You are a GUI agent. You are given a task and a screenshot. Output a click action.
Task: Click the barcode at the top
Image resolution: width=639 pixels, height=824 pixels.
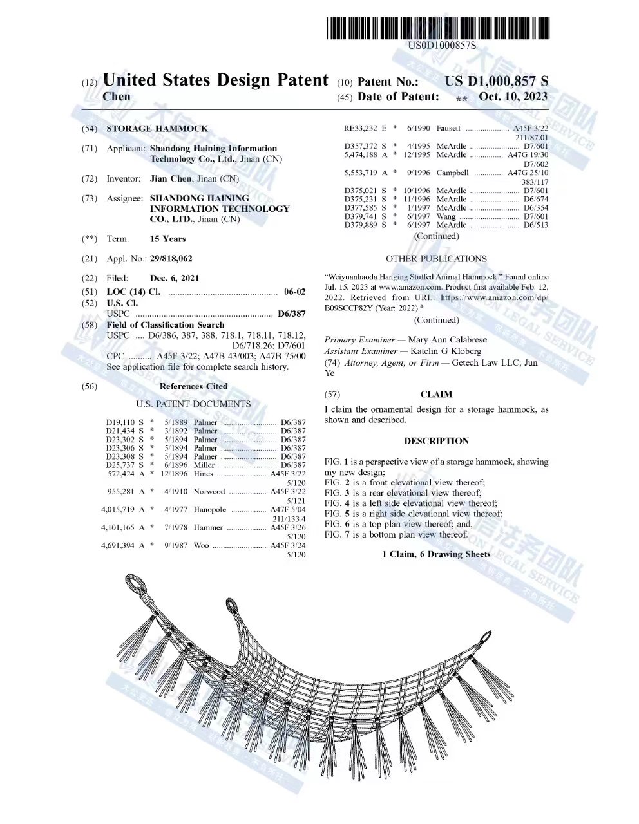coord(438,29)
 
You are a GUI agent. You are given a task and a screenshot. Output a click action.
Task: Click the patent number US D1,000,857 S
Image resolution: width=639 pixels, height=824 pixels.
coord(496,82)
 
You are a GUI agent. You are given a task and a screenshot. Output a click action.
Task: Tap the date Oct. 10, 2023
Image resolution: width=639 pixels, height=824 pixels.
coord(513,97)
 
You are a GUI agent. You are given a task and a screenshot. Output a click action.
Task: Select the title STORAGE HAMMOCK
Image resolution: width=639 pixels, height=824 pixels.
coord(157,129)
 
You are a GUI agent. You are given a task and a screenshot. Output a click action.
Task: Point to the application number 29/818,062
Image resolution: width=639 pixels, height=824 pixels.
coord(171,259)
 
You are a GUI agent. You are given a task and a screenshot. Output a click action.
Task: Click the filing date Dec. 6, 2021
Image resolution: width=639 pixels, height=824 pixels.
coord(174,279)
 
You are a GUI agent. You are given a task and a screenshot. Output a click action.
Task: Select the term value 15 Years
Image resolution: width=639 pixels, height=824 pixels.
coord(167,239)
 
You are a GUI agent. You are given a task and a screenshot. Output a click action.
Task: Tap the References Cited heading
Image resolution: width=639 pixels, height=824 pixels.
coord(193,387)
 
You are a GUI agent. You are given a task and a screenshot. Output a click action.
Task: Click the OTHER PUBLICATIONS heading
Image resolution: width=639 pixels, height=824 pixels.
coord(436,259)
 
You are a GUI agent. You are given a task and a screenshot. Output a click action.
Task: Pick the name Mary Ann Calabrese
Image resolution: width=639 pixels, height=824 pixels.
coord(447,340)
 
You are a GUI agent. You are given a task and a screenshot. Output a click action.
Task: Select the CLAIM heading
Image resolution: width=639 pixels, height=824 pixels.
coord(436,395)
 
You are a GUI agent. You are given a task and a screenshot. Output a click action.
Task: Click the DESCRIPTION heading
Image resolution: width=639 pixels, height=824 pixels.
coord(436,442)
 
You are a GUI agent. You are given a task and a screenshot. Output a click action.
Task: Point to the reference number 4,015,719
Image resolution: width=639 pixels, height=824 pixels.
coord(118,510)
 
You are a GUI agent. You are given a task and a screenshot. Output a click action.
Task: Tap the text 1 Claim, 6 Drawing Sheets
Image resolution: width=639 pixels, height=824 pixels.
coord(436,554)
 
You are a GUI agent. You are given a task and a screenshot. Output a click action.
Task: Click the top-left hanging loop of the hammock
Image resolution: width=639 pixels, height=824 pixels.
coord(136,585)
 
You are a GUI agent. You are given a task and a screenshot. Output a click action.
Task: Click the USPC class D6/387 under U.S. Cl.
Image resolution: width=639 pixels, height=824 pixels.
coord(291,314)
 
